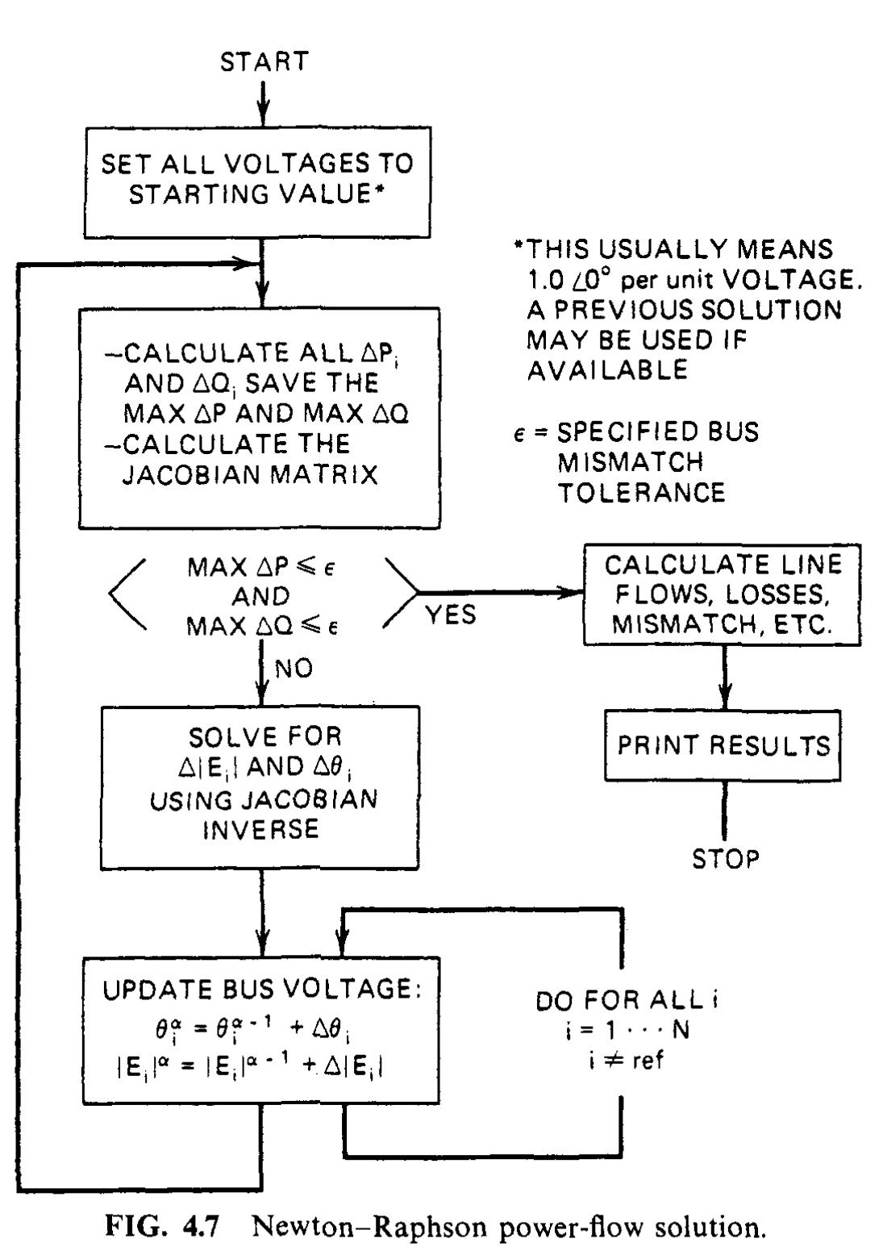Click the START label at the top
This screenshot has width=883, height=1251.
(x=264, y=62)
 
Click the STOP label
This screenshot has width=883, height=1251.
(x=725, y=859)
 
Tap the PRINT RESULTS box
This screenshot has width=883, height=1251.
(x=723, y=745)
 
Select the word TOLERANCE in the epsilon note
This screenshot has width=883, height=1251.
(x=641, y=492)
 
